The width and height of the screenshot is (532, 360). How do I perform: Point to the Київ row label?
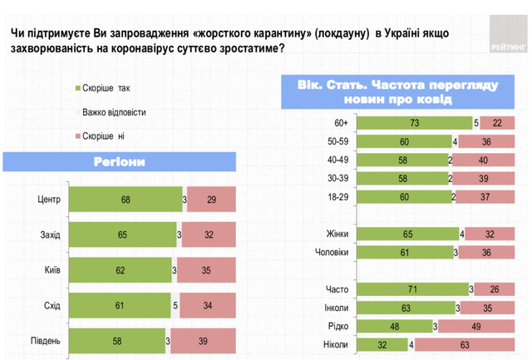(49, 271)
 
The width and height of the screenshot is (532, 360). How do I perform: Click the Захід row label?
(49, 235)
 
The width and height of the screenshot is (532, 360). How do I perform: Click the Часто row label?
(335, 288)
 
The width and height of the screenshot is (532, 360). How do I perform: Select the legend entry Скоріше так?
(106, 87)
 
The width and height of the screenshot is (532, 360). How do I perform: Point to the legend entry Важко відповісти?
(116, 111)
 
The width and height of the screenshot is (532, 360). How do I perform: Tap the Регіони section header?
(121, 162)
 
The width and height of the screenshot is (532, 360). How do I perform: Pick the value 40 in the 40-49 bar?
(482, 159)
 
